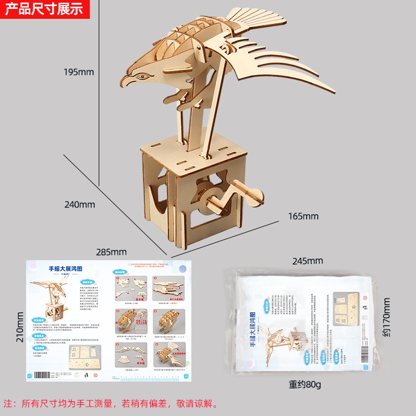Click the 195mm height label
(x=78, y=72)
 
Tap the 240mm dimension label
(x=79, y=204)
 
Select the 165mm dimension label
(x=303, y=216)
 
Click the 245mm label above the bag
(x=307, y=261)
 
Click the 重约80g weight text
(x=305, y=384)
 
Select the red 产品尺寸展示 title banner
(x=44, y=9)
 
